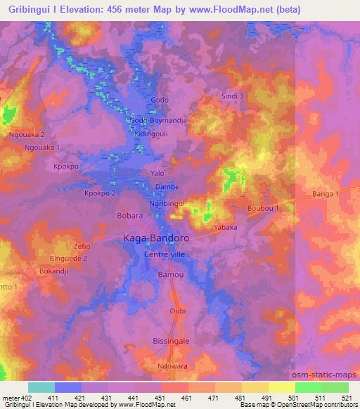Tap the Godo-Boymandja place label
pos(158,120)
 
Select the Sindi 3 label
pos(232,96)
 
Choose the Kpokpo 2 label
pos(99,193)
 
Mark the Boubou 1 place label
pos(264,209)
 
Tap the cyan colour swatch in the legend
pos(41,387)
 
